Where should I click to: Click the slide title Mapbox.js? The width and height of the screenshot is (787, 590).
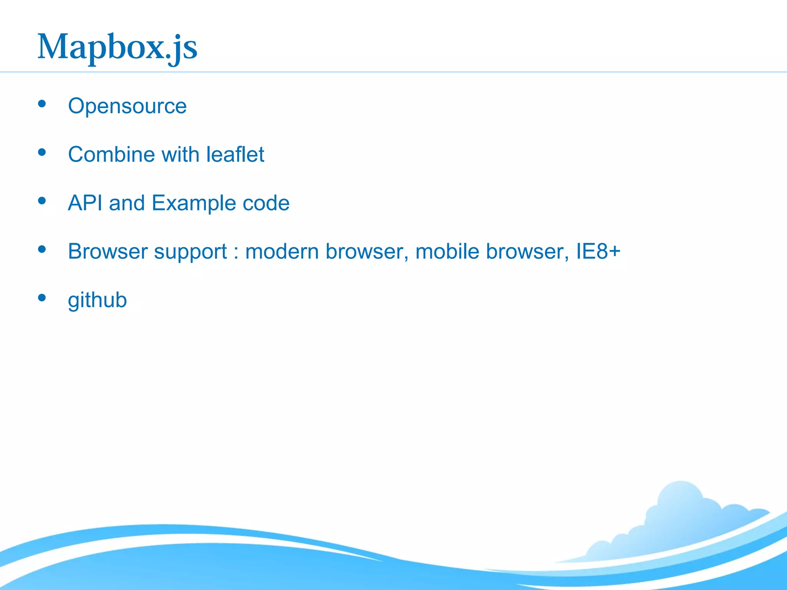(x=118, y=48)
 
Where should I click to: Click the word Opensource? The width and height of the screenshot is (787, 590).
(x=127, y=106)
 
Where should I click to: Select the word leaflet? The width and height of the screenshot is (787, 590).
(x=235, y=154)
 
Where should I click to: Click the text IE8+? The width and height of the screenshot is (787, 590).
(x=598, y=252)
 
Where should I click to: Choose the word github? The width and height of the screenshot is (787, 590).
(x=97, y=300)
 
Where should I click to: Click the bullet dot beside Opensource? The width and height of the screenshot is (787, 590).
(x=42, y=104)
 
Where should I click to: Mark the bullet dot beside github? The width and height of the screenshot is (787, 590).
(x=42, y=298)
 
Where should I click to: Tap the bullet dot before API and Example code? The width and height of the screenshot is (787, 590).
(x=42, y=201)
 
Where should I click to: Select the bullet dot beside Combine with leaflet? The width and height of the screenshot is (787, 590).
(x=42, y=152)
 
